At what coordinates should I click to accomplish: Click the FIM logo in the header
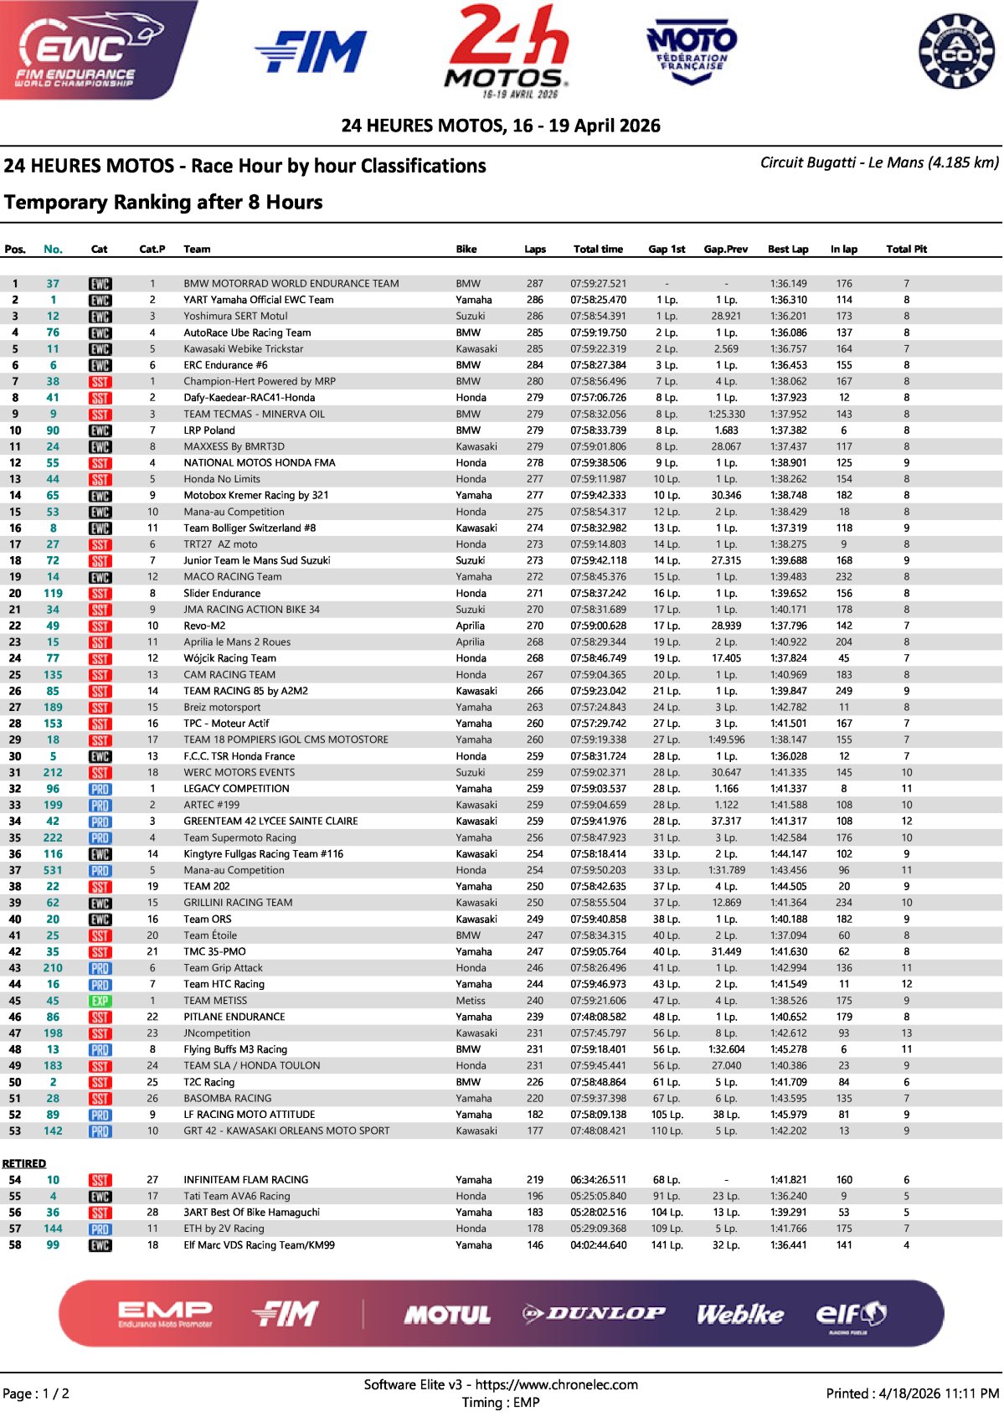[x=311, y=53]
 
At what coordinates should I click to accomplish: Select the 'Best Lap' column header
[x=788, y=249]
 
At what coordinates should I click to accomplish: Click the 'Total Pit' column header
[x=906, y=249]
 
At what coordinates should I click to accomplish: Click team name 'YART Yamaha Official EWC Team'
[x=258, y=300]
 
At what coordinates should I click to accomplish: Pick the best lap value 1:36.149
[x=788, y=284]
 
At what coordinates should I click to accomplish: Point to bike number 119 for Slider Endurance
[x=53, y=593]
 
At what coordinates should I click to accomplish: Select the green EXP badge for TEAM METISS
[x=100, y=1001]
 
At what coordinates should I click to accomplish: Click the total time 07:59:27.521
[x=598, y=284]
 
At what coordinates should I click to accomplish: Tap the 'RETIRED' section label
[x=23, y=1163]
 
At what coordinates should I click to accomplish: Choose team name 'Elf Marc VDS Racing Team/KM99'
[x=259, y=1245]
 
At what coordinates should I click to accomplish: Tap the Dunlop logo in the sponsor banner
[x=594, y=1313]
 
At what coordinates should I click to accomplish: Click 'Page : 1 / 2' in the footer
[x=36, y=1394]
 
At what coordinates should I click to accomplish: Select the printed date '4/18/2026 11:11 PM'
[x=938, y=1394]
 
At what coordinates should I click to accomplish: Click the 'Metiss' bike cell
[x=470, y=1001]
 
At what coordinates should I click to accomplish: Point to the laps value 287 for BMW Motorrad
[x=534, y=284]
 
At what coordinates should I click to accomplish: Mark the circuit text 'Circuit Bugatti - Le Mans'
[x=841, y=162]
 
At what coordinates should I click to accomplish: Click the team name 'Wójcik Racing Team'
[x=229, y=658]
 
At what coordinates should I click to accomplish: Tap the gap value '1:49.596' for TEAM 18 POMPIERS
[x=725, y=739]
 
